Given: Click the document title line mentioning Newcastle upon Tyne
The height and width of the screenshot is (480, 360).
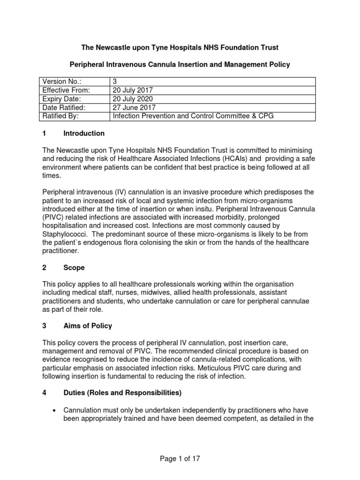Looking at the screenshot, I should [180, 48].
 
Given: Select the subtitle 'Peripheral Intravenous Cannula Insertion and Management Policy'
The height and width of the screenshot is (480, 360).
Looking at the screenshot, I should [180, 65].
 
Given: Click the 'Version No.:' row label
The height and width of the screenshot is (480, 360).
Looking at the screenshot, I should [62, 82].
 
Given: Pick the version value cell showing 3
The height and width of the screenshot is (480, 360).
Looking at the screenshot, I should [115, 82].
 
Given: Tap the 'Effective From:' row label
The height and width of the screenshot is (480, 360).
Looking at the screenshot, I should [66, 90].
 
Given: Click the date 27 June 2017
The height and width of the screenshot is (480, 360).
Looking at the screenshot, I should [133, 107].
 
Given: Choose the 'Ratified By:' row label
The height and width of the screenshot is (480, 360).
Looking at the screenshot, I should [60, 116].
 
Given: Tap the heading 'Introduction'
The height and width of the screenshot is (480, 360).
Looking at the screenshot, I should [84, 133].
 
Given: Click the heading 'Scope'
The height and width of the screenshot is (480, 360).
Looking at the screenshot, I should [74, 268].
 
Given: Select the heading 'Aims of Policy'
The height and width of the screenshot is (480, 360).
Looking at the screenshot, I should [88, 326].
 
